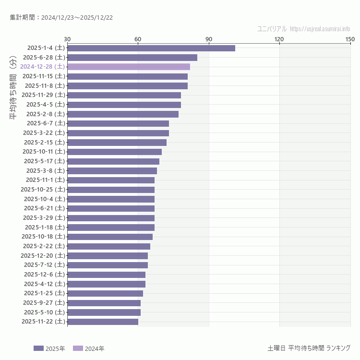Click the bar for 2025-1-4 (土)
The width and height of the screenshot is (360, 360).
[x=151, y=48]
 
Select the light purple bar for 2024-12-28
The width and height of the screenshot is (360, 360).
[x=129, y=67]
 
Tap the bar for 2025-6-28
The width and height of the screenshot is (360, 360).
[x=132, y=58]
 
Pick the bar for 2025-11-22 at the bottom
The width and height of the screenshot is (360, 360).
[x=103, y=322]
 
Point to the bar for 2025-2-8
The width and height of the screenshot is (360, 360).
[x=123, y=114]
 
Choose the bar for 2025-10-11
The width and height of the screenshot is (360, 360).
[x=114, y=152]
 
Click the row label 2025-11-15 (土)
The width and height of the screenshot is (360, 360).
[x=44, y=76]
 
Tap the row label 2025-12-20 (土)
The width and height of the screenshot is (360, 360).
[x=43, y=255]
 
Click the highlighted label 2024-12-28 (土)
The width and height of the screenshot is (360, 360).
[x=43, y=67]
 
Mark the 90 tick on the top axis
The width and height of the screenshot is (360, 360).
[x=209, y=39]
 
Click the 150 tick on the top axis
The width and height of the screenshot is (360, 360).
[x=350, y=39]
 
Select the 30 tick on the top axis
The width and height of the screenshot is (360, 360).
[x=67, y=39]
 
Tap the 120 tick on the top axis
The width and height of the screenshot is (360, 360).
[x=279, y=39]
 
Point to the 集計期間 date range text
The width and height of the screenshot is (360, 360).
[x=61, y=18]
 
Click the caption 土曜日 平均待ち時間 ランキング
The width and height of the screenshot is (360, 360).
[x=309, y=348]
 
